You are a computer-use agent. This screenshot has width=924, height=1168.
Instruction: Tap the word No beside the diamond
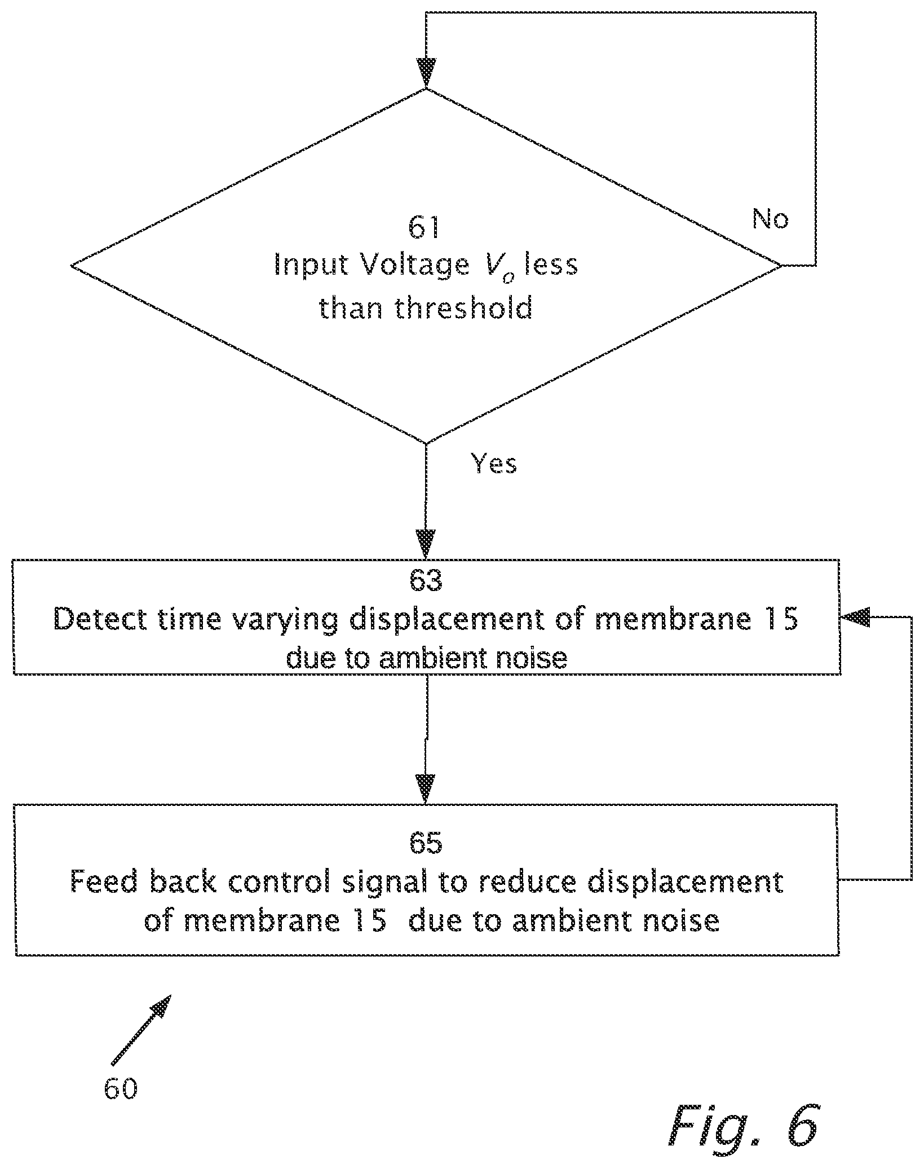(771, 218)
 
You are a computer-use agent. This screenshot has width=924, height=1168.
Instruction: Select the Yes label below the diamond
(494, 463)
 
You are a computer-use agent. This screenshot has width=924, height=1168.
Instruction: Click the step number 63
(426, 581)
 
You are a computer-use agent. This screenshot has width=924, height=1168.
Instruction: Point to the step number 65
(426, 843)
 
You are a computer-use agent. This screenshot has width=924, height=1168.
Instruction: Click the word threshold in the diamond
(464, 308)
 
